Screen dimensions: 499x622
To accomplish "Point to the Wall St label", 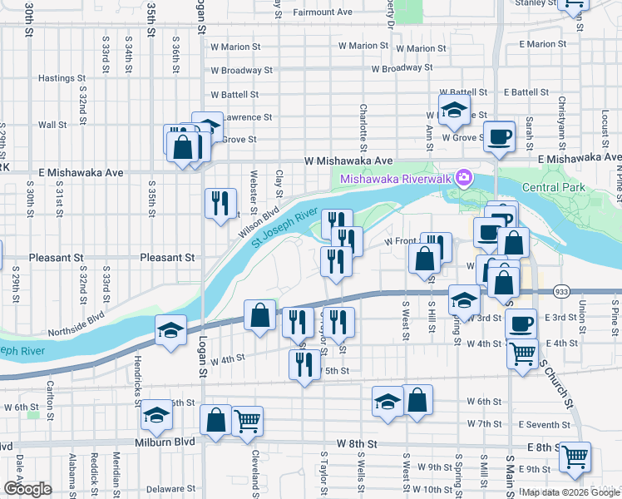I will (x=52, y=125).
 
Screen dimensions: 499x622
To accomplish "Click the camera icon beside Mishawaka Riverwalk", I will (x=463, y=177).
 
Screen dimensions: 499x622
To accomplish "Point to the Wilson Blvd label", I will (x=257, y=223).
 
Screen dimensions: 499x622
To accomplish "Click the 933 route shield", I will (x=562, y=291).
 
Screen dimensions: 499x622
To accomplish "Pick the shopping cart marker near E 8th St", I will (x=575, y=457).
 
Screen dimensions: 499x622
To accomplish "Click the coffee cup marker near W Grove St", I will (x=499, y=136).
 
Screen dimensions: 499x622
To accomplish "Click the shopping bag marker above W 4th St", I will (x=259, y=316).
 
